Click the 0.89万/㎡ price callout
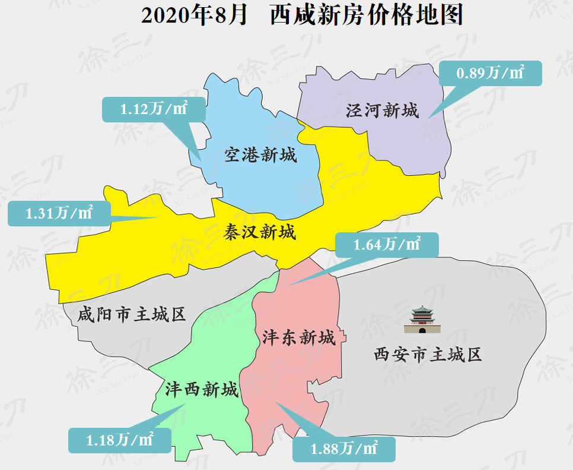click(490, 73)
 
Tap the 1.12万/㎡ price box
click(154, 109)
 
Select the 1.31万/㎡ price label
click(59, 213)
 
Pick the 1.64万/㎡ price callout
click(387, 244)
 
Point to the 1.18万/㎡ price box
click(120, 440)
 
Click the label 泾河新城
click(383, 111)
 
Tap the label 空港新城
click(260, 156)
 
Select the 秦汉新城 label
click(260, 232)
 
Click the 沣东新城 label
click(299, 337)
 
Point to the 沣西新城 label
click(202, 390)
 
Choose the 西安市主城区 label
click(428, 355)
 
